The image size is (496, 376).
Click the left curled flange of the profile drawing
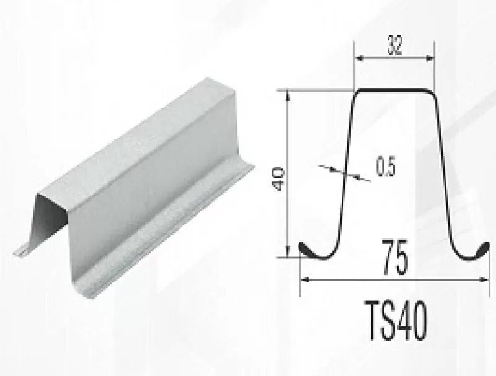tap(309, 249)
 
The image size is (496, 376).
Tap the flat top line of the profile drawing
tap(394, 90)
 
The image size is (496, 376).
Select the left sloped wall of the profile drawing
tap(345, 173)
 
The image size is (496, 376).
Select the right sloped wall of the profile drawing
tap(443, 173)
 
